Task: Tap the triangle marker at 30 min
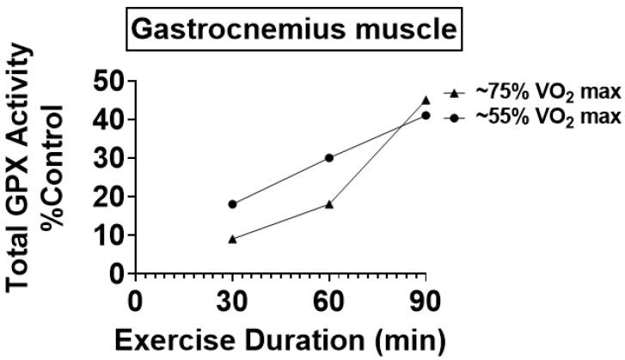pyautogui.click(x=232, y=238)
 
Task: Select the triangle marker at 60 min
pyautogui.click(x=329, y=204)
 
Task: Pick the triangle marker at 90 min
pyautogui.click(x=426, y=100)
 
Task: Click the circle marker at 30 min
pyautogui.click(x=232, y=204)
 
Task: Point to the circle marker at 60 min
pyautogui.click(x=329, y=157)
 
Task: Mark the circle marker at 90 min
pyautogui.click(x=426, y=115)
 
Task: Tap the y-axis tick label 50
pyautogui.click(x=110, y=82)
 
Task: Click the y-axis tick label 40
pyautogui.click(x=110, y=120)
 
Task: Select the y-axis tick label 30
pyautogui.click(x=110, y=159)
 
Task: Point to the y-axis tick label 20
pyautogui.click(x=110, y=197)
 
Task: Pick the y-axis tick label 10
pyautogui.click(x=110, y=235)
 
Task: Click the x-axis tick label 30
pyautogui.click(x=232, y=302)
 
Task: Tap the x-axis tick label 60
pyautogui.click(x=329, y=302)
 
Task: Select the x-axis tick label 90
pyautogui.click(x=426, y=302)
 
